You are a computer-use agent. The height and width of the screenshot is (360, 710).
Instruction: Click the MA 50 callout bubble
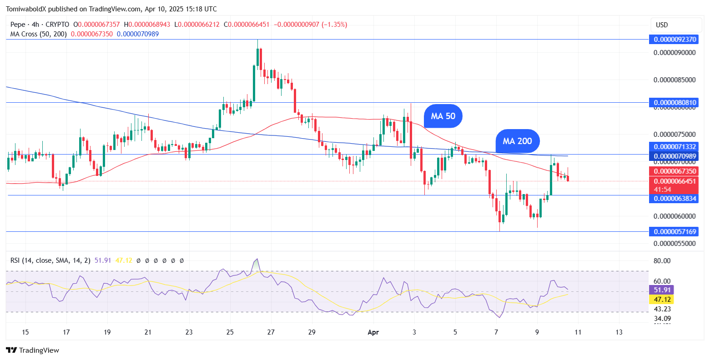[443, 116]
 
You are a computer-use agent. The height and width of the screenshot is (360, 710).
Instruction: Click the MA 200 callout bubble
[517, 141]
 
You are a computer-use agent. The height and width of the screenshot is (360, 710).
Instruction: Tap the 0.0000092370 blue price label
[675, 40]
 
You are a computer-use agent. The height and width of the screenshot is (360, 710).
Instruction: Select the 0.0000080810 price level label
[675, 103]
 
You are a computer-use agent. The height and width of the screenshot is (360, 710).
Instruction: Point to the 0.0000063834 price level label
[675, 199]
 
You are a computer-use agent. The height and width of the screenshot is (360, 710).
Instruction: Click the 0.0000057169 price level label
[675, 232]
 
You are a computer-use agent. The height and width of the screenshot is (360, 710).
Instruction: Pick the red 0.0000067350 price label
[675, 171]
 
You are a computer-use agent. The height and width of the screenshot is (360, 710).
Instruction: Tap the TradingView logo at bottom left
[33, 350]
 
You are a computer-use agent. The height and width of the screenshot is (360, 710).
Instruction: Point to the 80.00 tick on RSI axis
[662, 261]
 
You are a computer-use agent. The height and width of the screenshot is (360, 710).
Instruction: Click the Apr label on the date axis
[373, 332]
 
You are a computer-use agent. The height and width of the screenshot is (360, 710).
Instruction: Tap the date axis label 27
[271, 332]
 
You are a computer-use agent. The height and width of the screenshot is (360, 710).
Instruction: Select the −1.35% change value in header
[334, 25]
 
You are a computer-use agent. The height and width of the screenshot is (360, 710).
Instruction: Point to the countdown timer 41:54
[662, 189]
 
